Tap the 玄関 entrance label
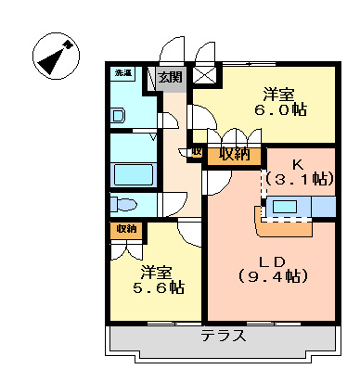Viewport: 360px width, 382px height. pos(170,77)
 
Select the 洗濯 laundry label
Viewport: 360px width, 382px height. pos(122,72)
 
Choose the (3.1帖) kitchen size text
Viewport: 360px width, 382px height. pos(298,176)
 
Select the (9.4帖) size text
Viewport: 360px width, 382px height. pos(272,275)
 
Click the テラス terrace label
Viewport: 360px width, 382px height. pos(223,336)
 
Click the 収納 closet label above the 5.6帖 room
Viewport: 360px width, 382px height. pos(125,228)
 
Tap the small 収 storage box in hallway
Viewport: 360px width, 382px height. pos(197,152)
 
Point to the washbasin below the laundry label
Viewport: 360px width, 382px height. pos(117,116)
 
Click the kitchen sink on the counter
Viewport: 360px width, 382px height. pos(286,206)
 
